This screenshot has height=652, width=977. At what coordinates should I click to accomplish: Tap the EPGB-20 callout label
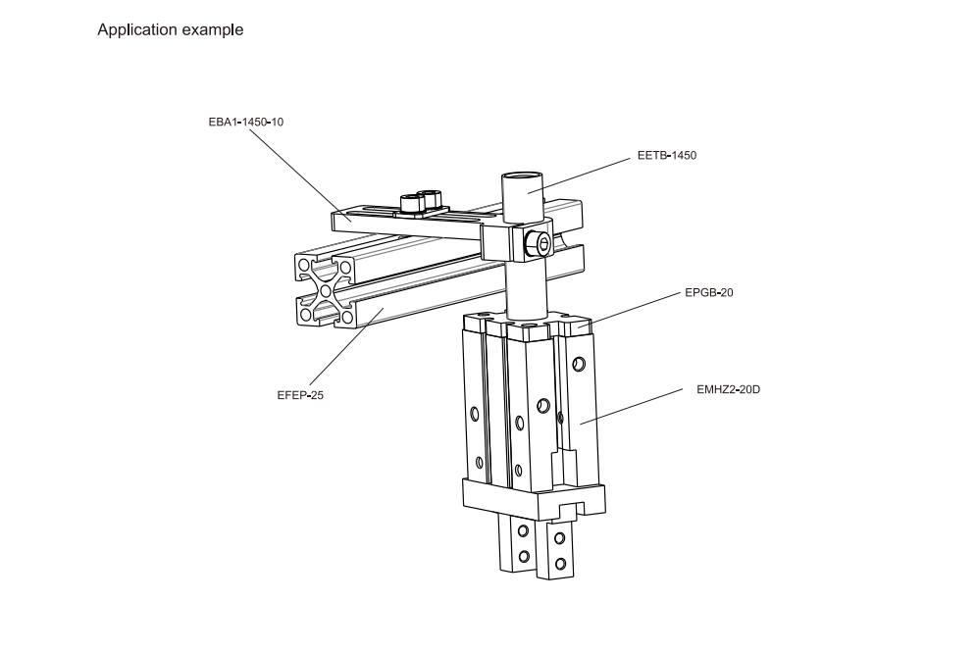(x=708, y=293)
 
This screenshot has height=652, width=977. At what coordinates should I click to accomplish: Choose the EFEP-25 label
(x=300, y=395)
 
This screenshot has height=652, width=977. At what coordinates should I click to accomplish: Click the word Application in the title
(x=136, y=29)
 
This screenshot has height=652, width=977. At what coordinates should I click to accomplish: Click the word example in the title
(x=211, y=29)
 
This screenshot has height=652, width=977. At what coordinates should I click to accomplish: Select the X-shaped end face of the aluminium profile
(x=324, y=289)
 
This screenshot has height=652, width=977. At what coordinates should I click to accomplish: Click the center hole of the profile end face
(x=324, y=289)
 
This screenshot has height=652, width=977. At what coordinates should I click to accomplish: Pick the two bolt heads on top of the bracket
(x=418, y=203)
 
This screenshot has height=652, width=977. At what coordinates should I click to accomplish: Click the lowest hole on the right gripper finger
(x=559, y=563)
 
